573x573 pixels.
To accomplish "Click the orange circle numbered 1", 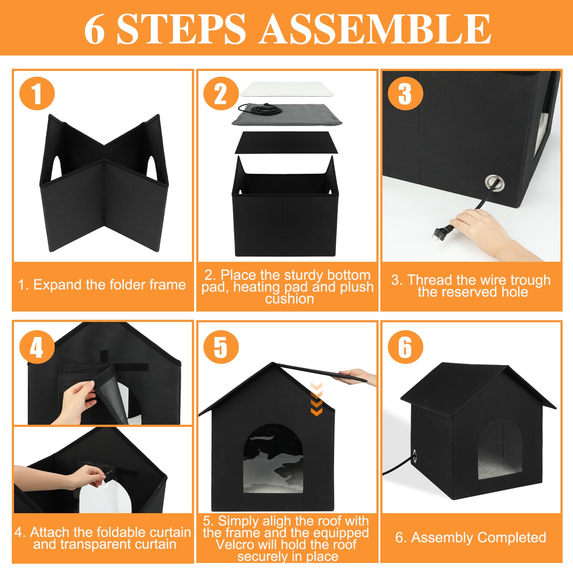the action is click(37, 93).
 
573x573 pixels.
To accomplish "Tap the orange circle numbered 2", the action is click(221, 93).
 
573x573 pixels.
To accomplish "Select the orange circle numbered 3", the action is click(405, 93).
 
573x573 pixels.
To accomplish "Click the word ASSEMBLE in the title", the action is click(375, 29).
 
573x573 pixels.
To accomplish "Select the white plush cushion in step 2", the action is click(287, 89).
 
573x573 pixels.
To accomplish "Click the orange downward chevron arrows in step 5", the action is click(317, 399).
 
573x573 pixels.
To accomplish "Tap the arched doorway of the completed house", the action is click(500, 449).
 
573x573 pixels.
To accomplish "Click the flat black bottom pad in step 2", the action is click(286, 143).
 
